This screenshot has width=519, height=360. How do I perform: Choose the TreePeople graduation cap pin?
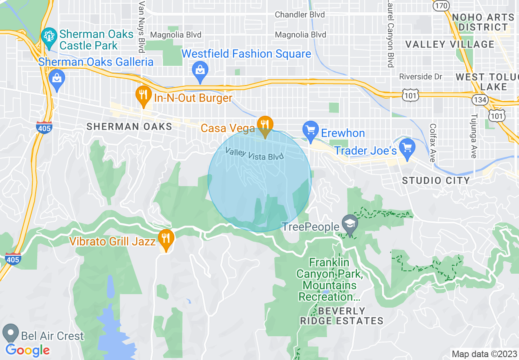tap(350, 224)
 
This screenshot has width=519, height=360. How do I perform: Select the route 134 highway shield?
tap(479, 99)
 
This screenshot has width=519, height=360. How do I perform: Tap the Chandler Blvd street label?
tap(300, 15)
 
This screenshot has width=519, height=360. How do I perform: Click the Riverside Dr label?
tap(421, 76)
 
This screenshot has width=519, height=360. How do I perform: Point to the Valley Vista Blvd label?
tap(255, 155)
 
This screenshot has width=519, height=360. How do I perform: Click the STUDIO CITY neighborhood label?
tap(436, 180)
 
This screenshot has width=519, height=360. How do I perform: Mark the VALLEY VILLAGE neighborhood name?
tap(450, 44)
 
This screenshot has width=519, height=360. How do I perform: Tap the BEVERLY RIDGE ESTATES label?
tap(341, 316)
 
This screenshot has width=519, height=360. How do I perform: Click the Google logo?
tap(27, 350)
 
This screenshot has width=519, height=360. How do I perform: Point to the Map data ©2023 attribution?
tap(483, 354)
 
